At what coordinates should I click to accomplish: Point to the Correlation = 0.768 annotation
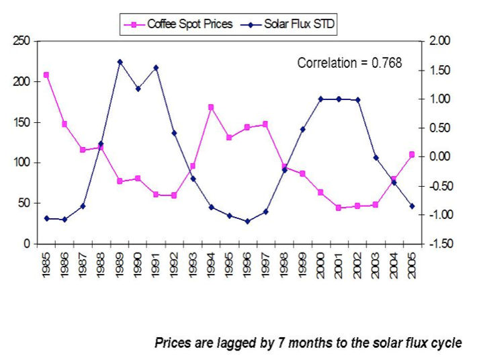tap(349, 63)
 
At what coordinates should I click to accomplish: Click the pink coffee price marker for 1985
tap(46, 75)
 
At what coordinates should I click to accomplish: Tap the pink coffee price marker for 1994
tap(211, 107)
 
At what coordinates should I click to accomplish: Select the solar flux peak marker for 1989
tap(120, 62)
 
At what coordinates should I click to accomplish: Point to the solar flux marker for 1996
tap(247, 221)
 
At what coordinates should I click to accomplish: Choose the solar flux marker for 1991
tap(156, 68)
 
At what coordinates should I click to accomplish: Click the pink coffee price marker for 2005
tap(412, 154)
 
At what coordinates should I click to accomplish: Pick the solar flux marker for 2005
tap(412, 206)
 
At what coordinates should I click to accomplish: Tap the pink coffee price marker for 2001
tap(339, 208)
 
